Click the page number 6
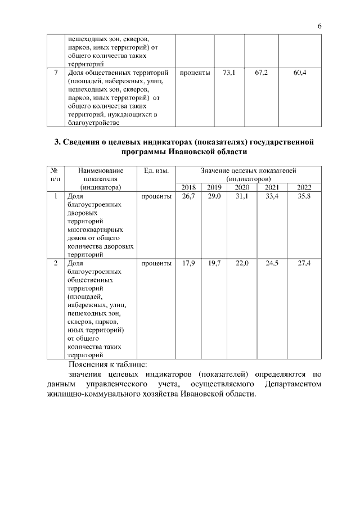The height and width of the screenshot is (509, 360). point(319,26)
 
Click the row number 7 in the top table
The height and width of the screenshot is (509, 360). point(55,73)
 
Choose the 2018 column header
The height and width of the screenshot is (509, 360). point(189,187)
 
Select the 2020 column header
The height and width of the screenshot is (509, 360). point(242,187)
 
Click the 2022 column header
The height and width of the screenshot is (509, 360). point(304,187)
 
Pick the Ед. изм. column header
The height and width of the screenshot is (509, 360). point(156,170)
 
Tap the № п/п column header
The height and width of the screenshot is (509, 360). point(55,174)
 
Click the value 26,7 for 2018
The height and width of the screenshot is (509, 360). point(188,196)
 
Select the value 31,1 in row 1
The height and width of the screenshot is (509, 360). point(242,196)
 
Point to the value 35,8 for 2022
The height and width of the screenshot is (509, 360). point(304,196)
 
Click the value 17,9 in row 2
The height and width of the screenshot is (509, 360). point(188,263)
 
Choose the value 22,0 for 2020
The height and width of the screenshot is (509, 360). point(242,263)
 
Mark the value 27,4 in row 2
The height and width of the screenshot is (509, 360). point(304,263)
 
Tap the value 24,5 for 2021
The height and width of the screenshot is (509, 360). point(272,263)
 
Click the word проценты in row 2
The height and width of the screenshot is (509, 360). point(156,263)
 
